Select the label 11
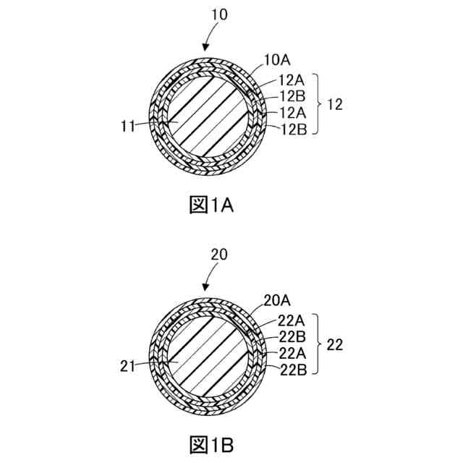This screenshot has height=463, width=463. (128, 127)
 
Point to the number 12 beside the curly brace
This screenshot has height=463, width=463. (334, 104)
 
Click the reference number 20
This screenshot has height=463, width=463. (219, 255)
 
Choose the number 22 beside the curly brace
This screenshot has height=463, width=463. (334, 345)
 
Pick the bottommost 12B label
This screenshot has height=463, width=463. (294, 129)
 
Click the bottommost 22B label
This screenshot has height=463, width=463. (294, 370)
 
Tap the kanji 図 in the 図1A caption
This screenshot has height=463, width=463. (198, 205)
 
